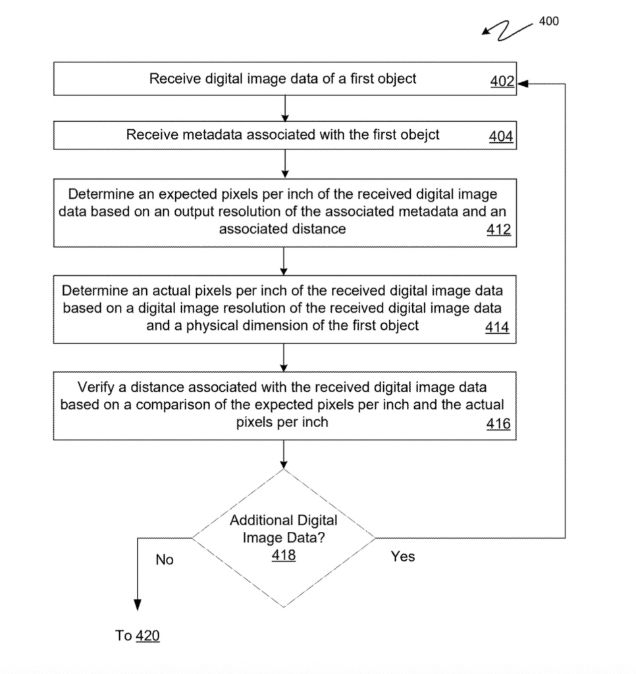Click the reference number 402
pos(502,83)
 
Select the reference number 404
pos(501,136)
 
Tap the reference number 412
pos(498,231)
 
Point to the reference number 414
pos(497,326)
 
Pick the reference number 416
pos(498,424)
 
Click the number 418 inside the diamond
pos(284,555)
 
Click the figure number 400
pos(548,21)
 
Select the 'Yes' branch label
pos(402,557)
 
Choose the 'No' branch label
pos(165,560)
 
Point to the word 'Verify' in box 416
pos(96,387)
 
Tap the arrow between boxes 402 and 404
pos(284,109)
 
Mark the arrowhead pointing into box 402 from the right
pos(522,84)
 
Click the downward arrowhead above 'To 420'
pos(138,606)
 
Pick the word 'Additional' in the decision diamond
pos(259,520)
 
